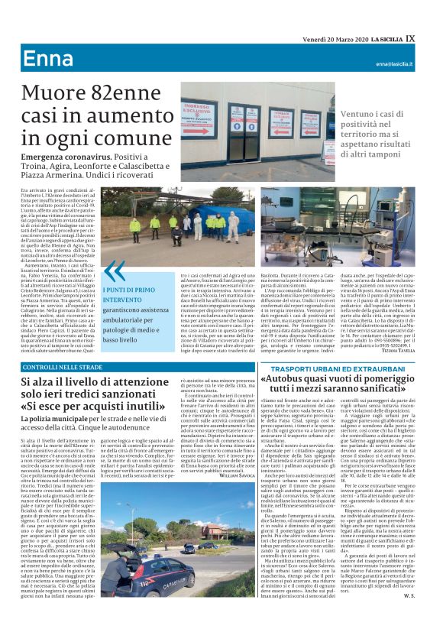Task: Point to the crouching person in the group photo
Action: pos(178,234)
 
